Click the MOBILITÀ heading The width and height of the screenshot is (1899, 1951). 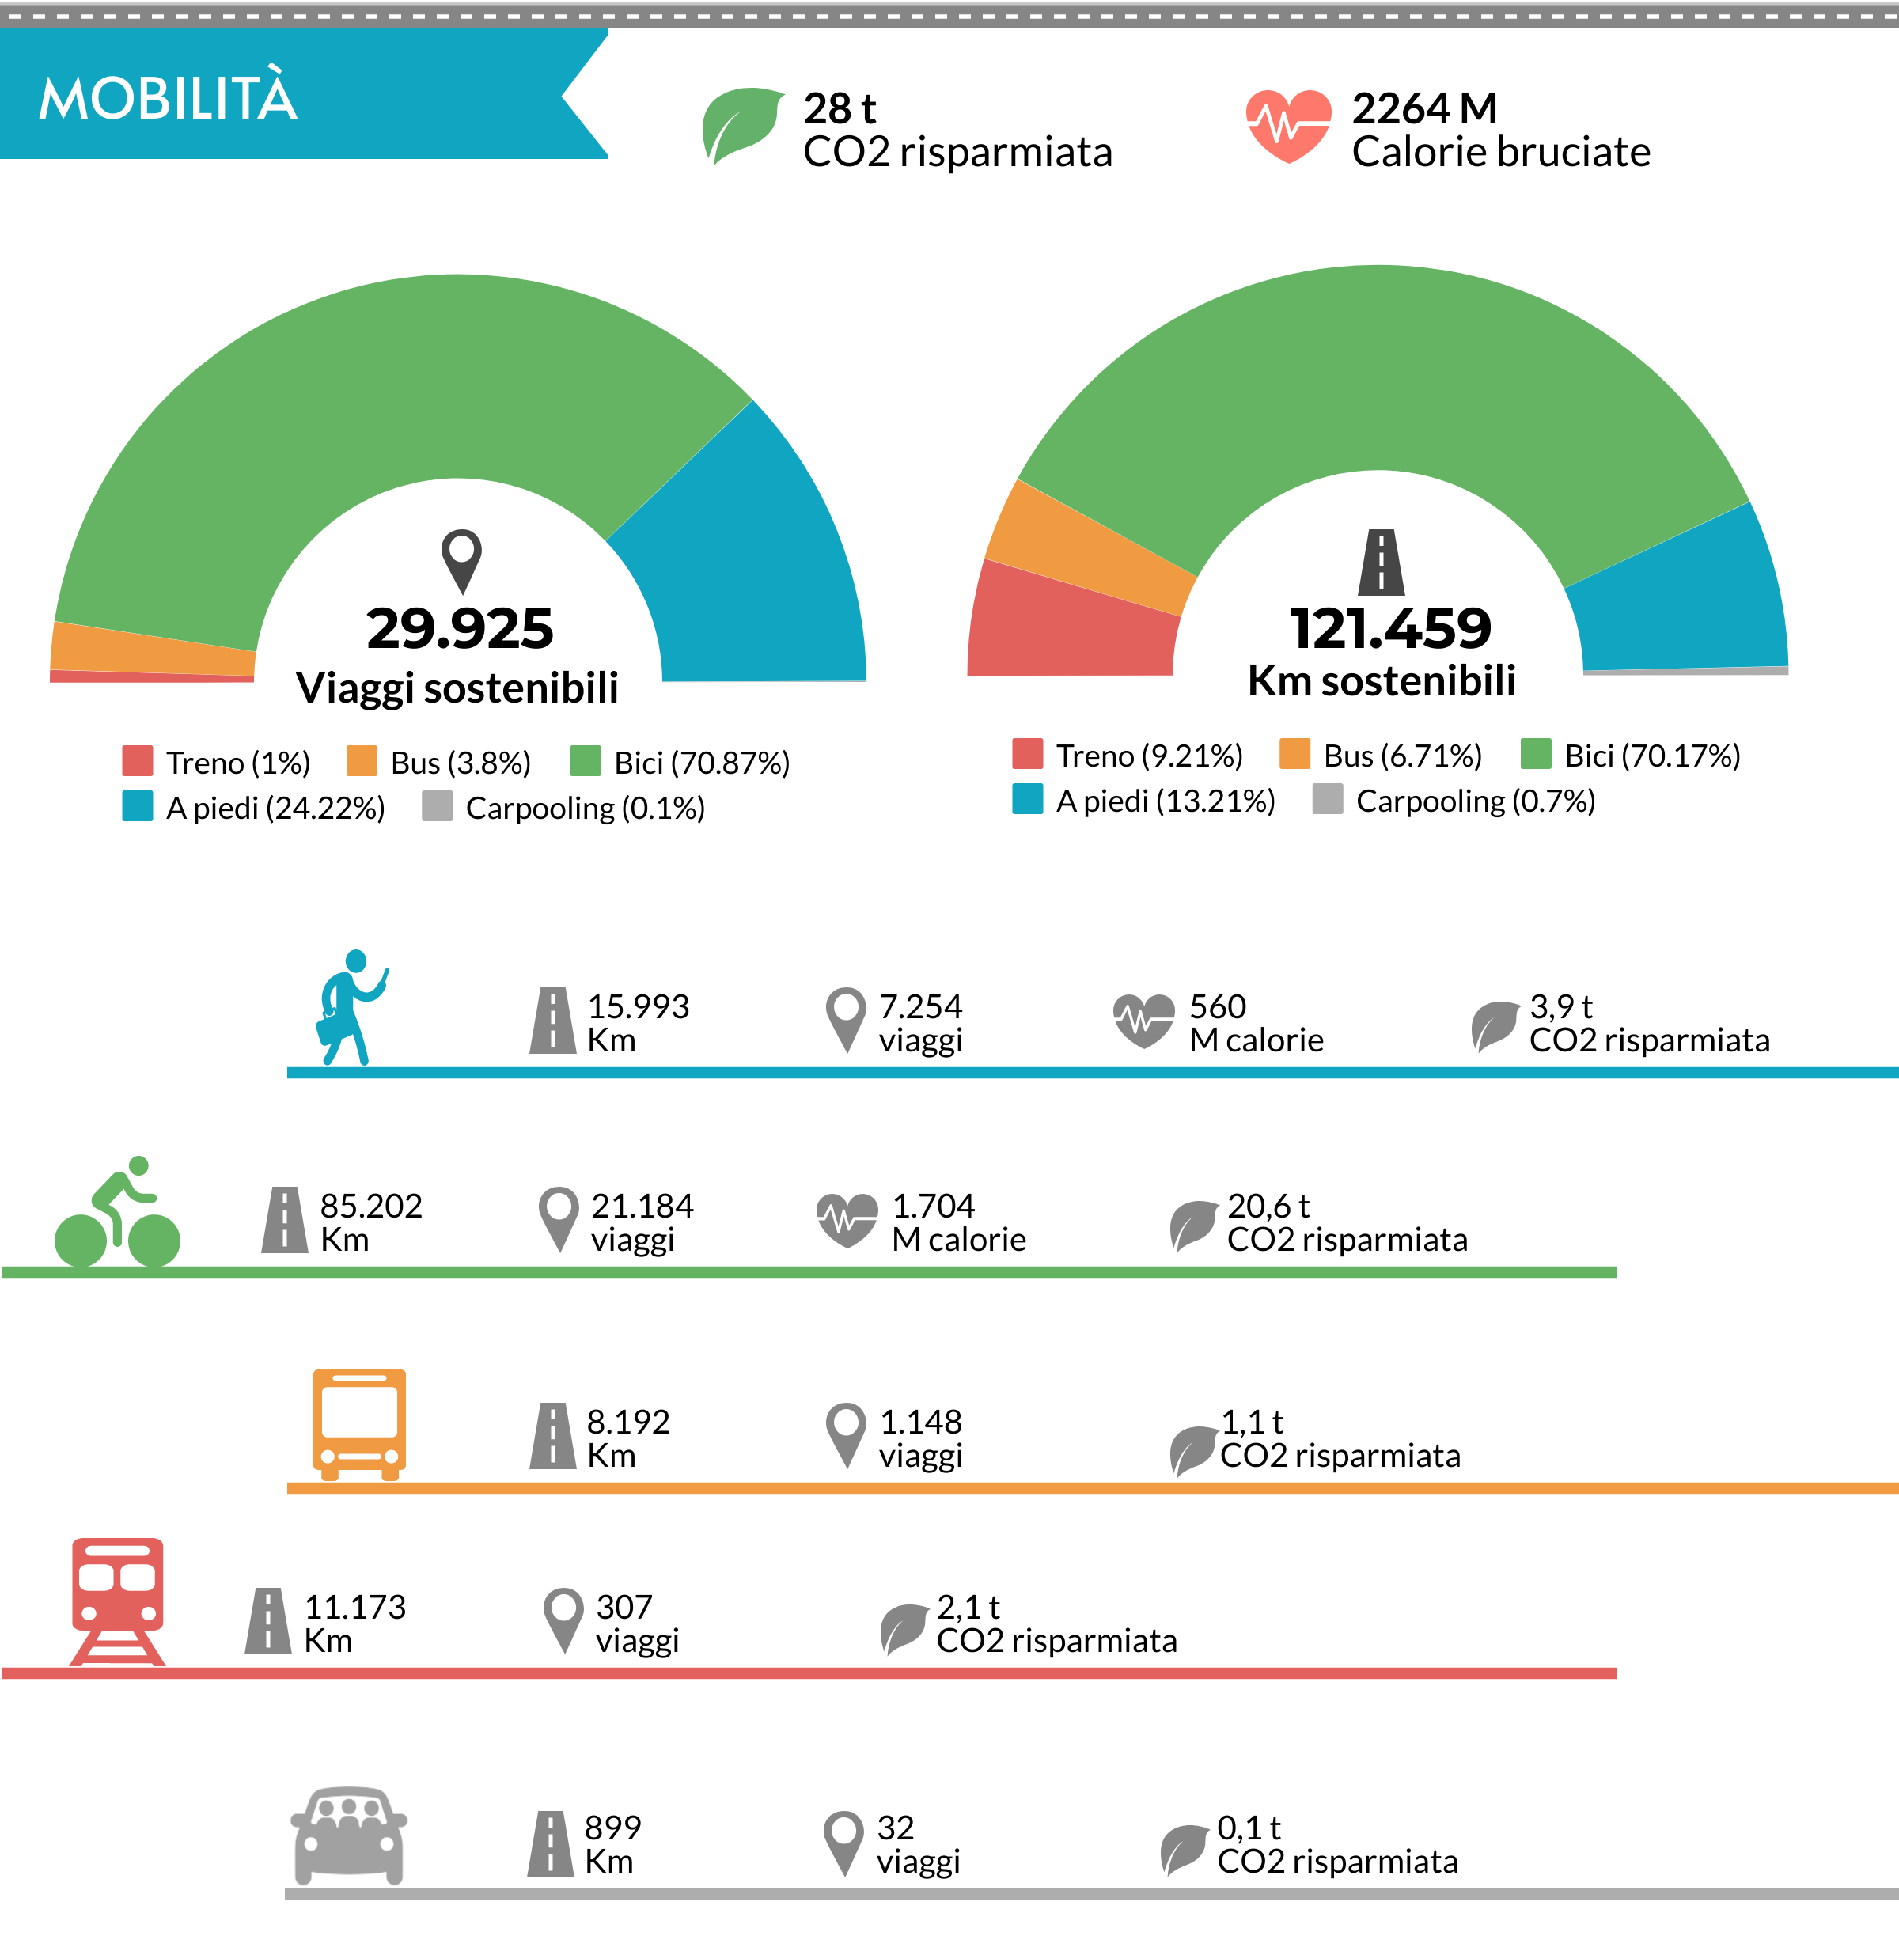168,98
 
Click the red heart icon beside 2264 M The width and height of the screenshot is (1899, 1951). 1287,125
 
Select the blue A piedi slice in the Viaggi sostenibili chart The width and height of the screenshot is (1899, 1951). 748,559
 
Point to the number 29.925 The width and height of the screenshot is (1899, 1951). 460,628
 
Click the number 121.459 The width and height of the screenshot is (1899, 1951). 1390,628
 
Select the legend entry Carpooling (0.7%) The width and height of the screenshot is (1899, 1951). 1456,800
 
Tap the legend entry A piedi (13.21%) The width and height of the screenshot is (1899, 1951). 1145,800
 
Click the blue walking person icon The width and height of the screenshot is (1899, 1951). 349,1007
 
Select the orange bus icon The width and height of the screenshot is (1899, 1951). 359,1423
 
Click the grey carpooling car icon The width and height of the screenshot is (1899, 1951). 348,1835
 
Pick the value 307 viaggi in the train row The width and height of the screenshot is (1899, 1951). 636,1623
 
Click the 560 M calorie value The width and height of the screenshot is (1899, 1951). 1255,1022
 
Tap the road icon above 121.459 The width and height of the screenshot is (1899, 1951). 1382,563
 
